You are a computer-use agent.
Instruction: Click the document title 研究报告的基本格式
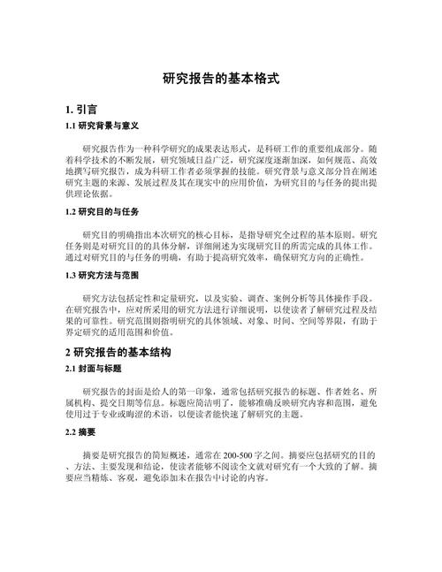coord(221,78)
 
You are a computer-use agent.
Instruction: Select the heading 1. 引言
coord(81,111)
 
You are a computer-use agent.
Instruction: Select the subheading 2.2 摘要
coord(82,432)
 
